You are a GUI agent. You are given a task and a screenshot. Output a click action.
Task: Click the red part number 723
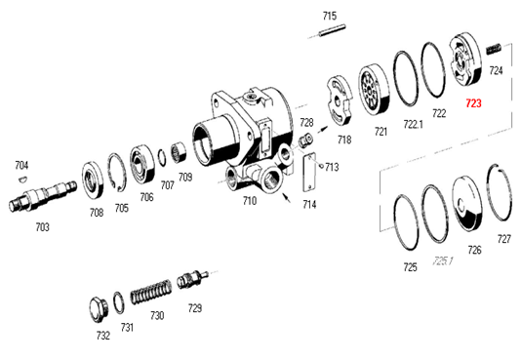click(x=473, y=103)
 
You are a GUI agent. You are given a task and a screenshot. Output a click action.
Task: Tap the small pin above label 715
click(x=333, y=30)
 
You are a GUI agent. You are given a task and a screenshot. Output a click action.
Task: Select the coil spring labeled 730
click(x=151, y=292)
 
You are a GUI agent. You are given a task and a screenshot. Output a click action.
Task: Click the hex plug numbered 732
click(x=99, y=309)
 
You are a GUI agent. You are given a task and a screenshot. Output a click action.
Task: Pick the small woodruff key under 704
click(x=21, y=179)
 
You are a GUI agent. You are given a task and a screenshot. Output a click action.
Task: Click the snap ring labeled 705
click(x=117, y=173)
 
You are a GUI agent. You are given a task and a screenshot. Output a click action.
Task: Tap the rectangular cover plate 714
click(x=309, y=173)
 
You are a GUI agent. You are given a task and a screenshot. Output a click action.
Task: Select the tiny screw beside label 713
click(x=321, y=165)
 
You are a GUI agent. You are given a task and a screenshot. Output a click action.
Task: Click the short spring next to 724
click(x=494, y=49)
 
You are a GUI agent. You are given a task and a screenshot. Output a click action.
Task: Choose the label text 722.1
click(x=413, y=124)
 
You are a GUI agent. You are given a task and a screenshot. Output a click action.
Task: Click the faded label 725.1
click(x=443, y=261)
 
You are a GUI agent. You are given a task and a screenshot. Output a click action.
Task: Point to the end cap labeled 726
click(x=466, y=203)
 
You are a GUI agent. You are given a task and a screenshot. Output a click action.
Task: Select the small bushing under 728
click(x=305, y=140)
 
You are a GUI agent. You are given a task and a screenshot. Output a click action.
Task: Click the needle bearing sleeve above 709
click(x=180, y=153)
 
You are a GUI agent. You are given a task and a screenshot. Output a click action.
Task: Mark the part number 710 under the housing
click(x=250, y=201)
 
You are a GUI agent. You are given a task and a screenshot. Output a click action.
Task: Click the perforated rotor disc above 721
click(x=373, y=89)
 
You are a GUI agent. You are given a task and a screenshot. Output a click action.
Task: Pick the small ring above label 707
click(x=162, y=157)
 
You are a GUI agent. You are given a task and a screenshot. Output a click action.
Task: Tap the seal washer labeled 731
click(x=119, y=302)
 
